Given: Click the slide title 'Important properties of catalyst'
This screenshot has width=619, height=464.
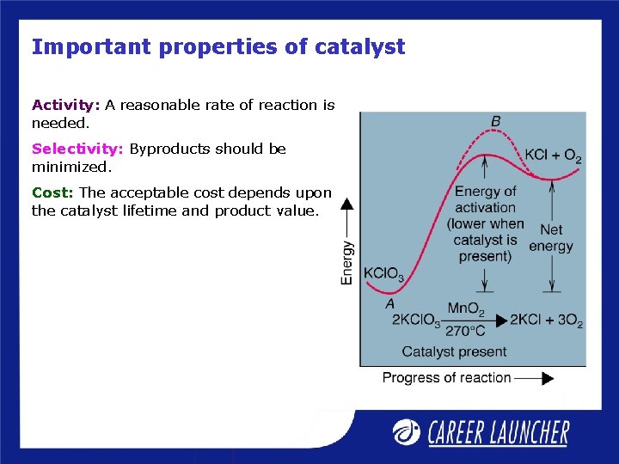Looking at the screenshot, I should pyautogui.click(x=218, y=47).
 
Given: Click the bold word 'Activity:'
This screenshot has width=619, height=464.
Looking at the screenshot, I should pyautogui.click(x=66, y=105).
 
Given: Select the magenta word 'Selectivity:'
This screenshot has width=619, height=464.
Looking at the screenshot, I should pyautogui.click(x=78, y=149).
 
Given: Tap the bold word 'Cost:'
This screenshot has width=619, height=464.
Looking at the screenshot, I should pyautogui.click(x=53, y=192).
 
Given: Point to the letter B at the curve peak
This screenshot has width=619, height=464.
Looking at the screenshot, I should pyautogui.click(x=495, y=122).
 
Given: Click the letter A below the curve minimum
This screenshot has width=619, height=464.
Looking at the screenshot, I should pyautogui.click(x=389, y=303).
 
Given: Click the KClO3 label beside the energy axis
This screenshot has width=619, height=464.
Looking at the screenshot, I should pyautogui.click(x=383, y=275).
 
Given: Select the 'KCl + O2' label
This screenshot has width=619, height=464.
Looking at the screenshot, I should pyautogui.click(x=553, y=156).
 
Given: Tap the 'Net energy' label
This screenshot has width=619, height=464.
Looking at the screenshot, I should pyautogui.click(x=551, y=238).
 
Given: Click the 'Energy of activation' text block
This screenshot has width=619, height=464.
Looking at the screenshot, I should pyautogui.click(x=485, y=223).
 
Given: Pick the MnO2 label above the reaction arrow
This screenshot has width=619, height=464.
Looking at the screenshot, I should pyautogui.click(x=466, y=308).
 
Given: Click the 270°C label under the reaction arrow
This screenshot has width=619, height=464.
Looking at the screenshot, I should pyautogui.click(x=465, y=331).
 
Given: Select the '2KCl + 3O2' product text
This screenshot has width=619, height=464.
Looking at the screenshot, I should pyautogui.click(x=546, y=321).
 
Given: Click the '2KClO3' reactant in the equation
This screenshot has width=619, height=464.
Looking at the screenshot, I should pyautogui.click(x=416, y=321).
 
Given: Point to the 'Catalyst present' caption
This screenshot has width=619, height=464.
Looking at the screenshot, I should pyautogui.click(x=454, y=351).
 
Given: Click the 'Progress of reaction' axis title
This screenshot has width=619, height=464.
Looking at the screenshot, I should pyautogui.click(x=446, y=377).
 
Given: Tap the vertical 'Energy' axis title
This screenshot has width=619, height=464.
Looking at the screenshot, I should pyautogui.click(x=347, y=262).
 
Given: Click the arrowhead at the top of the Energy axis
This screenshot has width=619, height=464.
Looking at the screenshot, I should pyautogui.click(x=347, y=204).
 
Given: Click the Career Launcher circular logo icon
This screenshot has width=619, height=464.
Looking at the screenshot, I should pyautogui.click(x=406, y=431).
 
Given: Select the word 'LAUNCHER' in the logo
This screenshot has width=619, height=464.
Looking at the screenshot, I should pyautogui.click(x=525, y=432).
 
